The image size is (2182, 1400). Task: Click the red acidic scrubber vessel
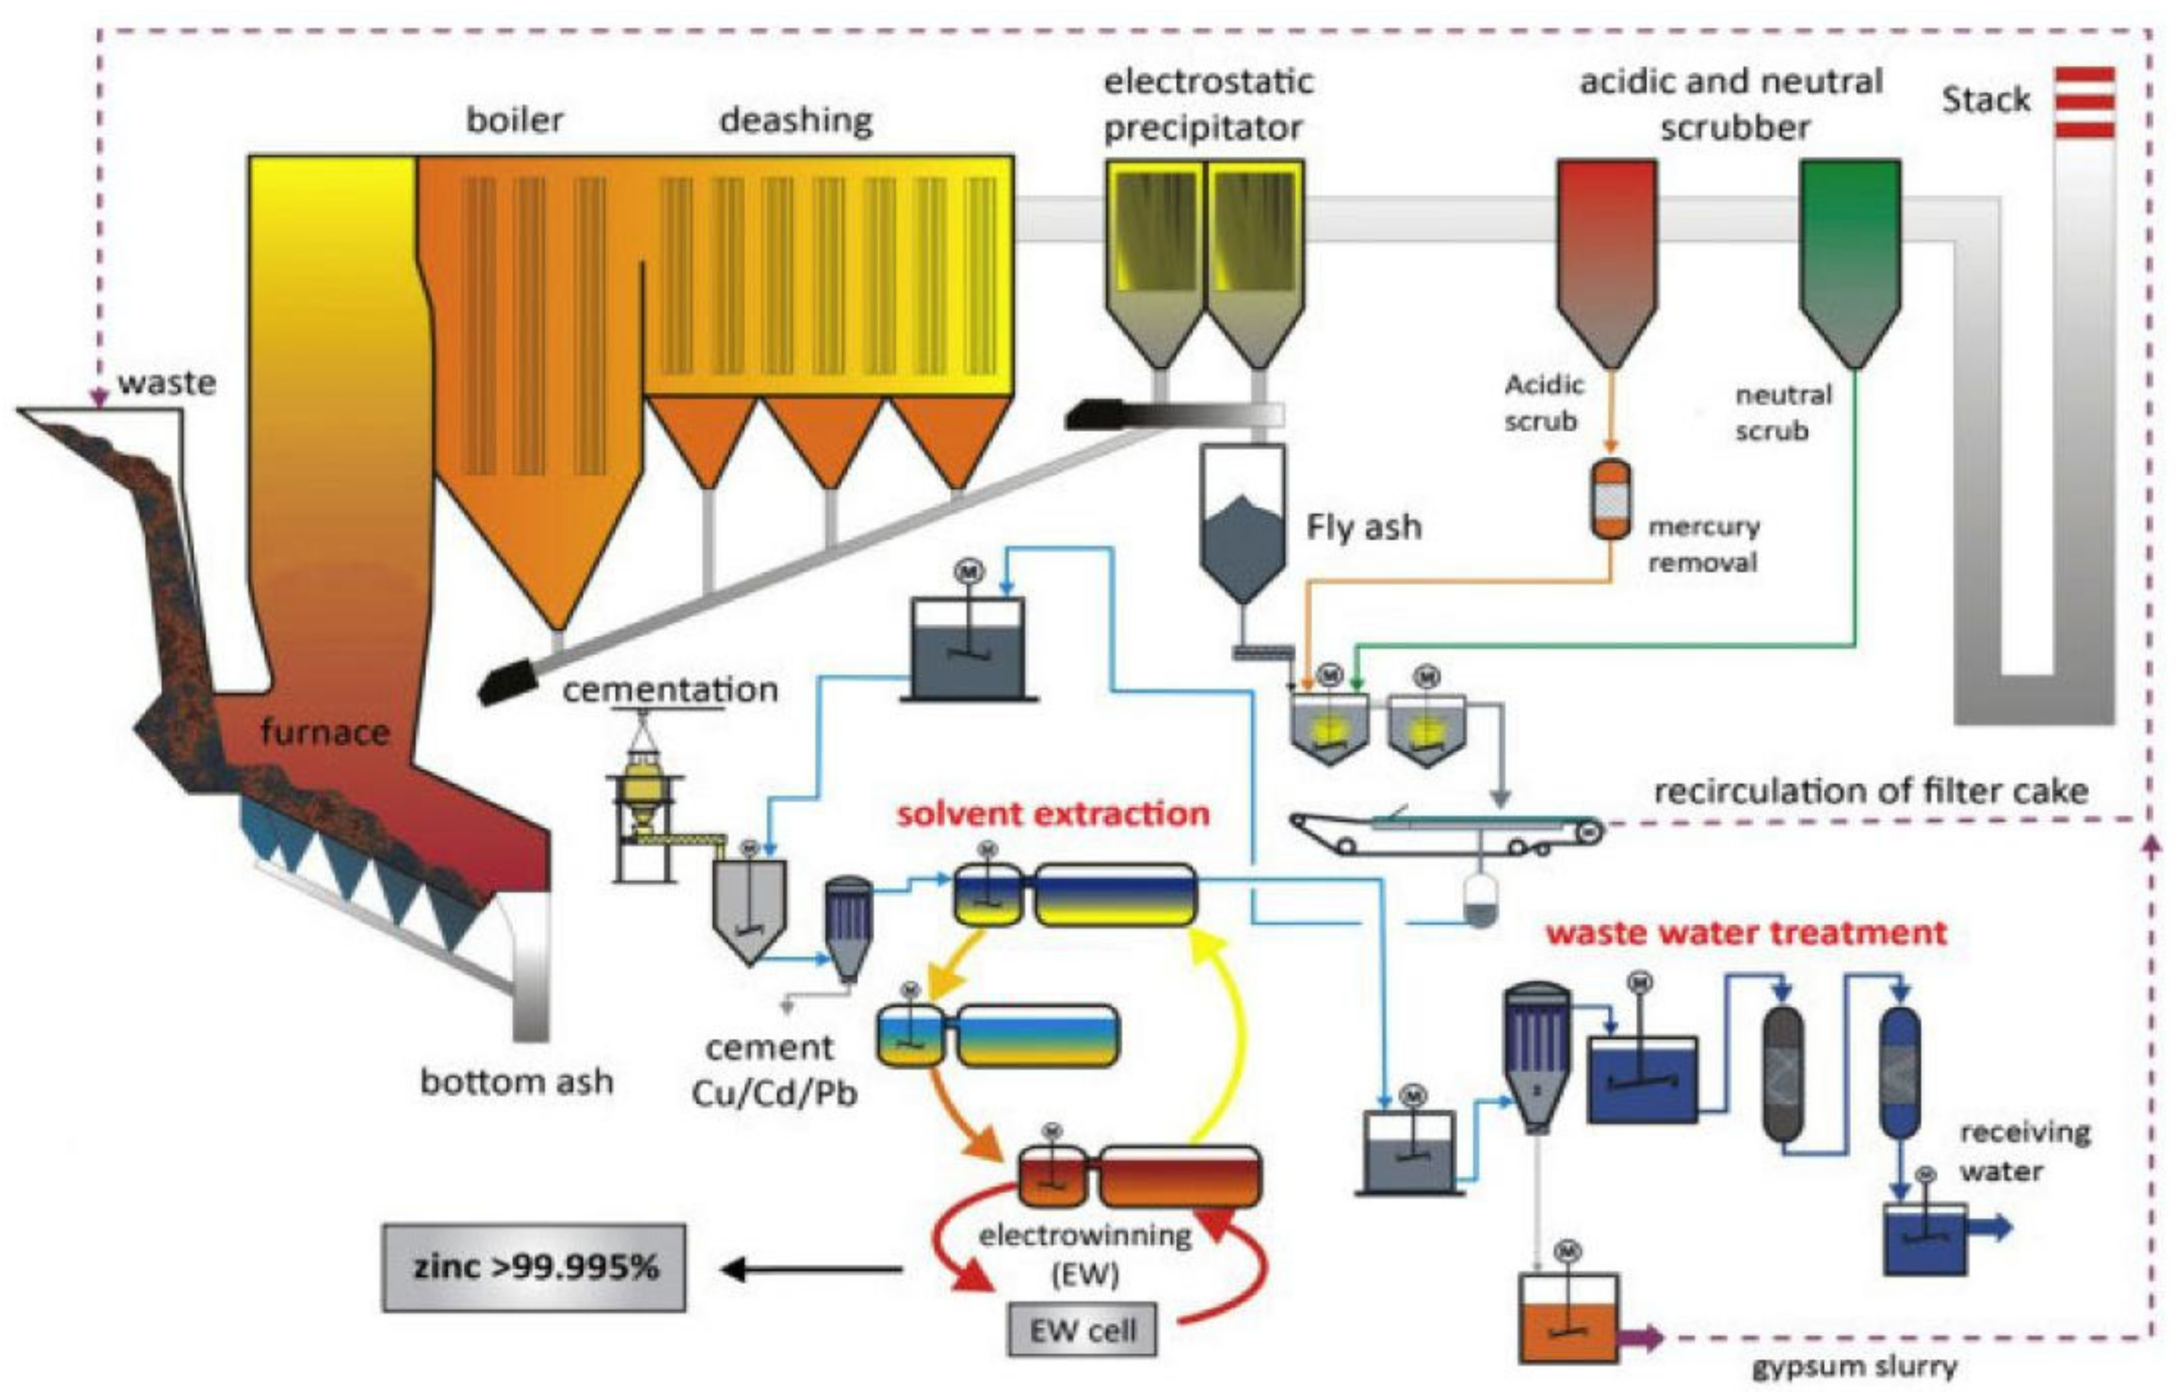(1606, 254)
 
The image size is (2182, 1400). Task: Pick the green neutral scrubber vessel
(1850, 254)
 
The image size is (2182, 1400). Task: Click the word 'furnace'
(324, 732)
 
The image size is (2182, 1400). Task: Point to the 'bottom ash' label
(516, 1082)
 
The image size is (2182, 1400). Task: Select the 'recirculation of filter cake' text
(1870, 792)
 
